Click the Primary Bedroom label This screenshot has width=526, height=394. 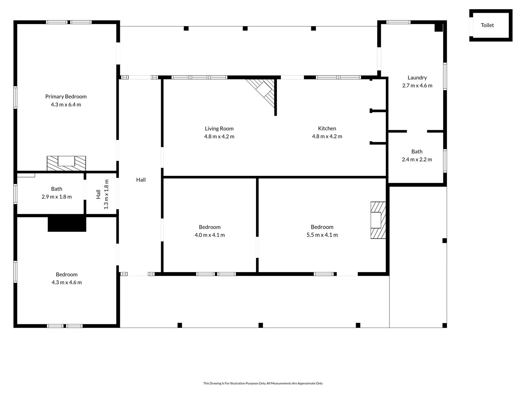pyautogui.click(x=66, y=96)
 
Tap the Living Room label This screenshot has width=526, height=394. pyautogui.click(x=219, y=128)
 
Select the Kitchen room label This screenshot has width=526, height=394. pyautogui.click(x=327, y=128)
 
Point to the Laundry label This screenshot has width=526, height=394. pyautogui.click(x=417, y=77)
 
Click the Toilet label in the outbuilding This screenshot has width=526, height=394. pyautogui.click(x=487, y=25)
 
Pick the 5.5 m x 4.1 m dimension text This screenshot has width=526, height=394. pyautogui.click(x=322, y=235)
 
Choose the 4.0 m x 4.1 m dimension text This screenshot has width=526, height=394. pyautogui.click(x=210, y=235)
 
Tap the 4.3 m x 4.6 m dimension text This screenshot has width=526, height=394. pyautogui.click(x=66, y=282)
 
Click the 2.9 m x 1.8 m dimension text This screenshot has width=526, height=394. pyautogui.click(x=57, y=197)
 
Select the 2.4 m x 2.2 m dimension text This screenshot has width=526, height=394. pyautogui.click(x=417, y=159)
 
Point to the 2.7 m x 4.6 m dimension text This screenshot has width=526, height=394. pyautogui.click(x=417, y=85)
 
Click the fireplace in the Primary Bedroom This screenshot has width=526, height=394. pyautogui.click(x=66, y=163)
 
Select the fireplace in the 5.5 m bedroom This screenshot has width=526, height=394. pyautogui.click(x=378, y=220)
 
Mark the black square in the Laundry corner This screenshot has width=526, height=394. pyautogui.click(x=439, y=27)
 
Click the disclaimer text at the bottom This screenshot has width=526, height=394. pyautogui.click(x=263, y=383)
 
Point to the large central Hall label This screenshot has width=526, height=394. pyautogui.click(x=141, y=179)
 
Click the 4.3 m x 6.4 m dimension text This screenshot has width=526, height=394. pyautogui.click(x=66, y=105)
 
